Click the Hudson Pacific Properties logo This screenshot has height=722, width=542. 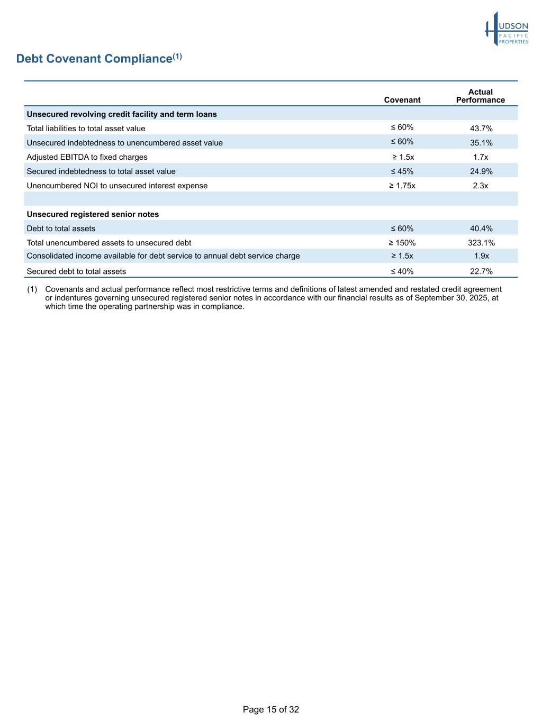pyautogui.click(x=507, y=29)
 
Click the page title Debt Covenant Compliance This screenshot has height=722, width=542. pyautogui.click(x=95, y=59)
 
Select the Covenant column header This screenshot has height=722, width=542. pyautogui.click(x=402, y=100)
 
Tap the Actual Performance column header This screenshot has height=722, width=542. pyautogui.click(x=480, y=96)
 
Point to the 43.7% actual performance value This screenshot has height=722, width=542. pyautogui.click(x=481, y=129)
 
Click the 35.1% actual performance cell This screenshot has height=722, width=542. pyautogui.click(x=481, y=143)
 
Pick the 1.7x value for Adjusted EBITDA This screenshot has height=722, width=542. pyautogui.click(x=481, y=157)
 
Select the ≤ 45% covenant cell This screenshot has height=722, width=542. pyautogui.click(x=402, y=171)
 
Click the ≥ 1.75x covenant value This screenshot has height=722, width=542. pyautogui.click(x=402, y=186)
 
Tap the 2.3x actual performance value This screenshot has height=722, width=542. pyautogui.click(x=481, y=186)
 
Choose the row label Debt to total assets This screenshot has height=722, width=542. pyautogui.click(x=61, y=229)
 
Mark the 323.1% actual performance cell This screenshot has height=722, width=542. pyautogui.click(x=481, y=243)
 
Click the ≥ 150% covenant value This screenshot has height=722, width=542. pyautogui.click(x=402, y=243)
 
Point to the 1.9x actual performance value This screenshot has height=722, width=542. pyautogui.click(x=481, y=256)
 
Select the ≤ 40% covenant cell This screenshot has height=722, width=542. pyautogui.click(x=402, y=271)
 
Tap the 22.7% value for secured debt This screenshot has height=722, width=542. pyautogui.click(x=481, y=271)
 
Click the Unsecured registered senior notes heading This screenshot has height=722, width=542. pyautogui.click(x=93, y=214)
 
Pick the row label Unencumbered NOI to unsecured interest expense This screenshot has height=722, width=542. pyautogui.click(x=117, y=186)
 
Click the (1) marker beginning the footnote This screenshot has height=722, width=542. pyautogui.click(x=32, y=289)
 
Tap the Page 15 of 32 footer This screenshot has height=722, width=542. pyautogui.click(x=271, y=709)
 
